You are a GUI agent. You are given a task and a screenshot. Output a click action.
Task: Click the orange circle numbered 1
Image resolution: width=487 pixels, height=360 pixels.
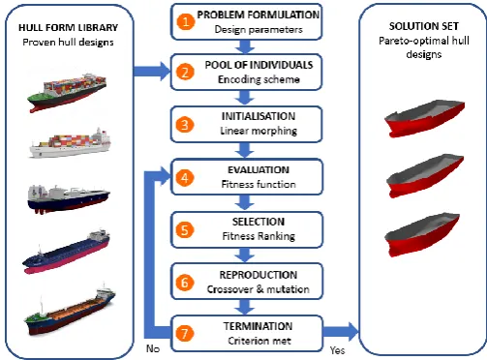pyautogui.click(x=185, y=21)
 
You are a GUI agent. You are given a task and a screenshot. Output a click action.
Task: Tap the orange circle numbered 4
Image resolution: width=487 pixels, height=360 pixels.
pyautogui.click(x=185, y=178)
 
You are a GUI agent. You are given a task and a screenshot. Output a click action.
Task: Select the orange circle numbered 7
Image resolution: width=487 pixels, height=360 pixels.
pyautogui.click(x=185, y=333)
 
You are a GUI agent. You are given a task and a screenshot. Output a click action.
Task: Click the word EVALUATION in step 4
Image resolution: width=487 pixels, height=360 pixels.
pyautogui.click(x=259, y=170)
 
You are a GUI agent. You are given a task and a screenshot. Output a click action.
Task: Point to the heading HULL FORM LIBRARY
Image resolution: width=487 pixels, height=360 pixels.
pyautogui.click(x=69, y=28)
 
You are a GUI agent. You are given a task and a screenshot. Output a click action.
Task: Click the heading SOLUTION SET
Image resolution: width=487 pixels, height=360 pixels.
pyautogui.click(x=424, y=26)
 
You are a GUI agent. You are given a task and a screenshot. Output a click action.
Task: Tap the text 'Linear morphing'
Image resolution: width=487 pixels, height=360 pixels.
pyautogui.click(x=259, y=131)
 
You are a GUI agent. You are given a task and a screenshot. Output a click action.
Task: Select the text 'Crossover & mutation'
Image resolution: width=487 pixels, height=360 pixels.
pyautogui.click(x=259, y=289)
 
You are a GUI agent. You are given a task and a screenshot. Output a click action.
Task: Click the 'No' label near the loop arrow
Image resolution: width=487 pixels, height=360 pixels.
pyautogui.click(x=153, y=348)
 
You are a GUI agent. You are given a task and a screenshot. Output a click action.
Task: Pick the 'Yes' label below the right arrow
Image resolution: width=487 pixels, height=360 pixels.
pyautogui.click(x=338, y=350)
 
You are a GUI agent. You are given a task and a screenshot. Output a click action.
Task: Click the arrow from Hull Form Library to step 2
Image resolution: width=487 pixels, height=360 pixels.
pyautogui.click(x=152, y=72)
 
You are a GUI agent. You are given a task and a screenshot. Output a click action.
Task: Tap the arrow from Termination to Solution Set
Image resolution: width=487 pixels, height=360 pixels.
pyautogui.click(x=341, y=332)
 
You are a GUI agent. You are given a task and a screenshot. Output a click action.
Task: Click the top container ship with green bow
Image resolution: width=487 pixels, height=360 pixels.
pyautogui.click(x=67, y=92)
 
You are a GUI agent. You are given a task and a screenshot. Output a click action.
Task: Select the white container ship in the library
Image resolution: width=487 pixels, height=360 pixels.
pyautogui.click(x=70, y=143)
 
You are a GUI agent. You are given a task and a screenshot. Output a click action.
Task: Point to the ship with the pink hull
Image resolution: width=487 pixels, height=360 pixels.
pyautogui.click(x=66, y=252)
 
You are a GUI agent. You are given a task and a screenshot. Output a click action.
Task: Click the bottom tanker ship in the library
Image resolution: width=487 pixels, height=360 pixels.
pyautogui.click(x=70, y=311)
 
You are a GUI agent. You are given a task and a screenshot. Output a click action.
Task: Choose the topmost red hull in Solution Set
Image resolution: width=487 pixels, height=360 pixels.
pyautogui.click(x=424, y=118)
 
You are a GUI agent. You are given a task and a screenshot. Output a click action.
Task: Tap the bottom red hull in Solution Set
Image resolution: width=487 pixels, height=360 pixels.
pyautogui.click(x=422, y=234)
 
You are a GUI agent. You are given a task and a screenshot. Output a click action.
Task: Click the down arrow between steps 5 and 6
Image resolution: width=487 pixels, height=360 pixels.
pyautogui.click(x=245, y=255)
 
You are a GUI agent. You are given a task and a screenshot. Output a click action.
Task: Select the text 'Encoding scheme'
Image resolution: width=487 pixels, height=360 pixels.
pyautogui.click(x=259, y=79)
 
